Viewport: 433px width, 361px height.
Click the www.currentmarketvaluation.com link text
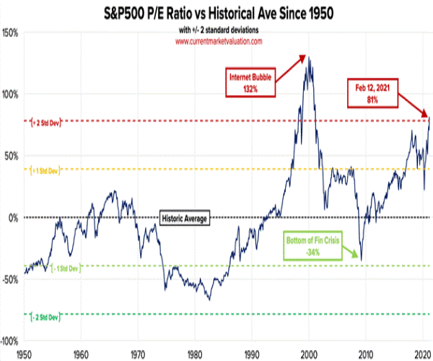[217, 41]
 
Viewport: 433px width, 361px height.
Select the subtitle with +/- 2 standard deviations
[217, 30]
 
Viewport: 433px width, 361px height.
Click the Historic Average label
[183, 217]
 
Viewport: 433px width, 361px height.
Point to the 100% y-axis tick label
[12, 95]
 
